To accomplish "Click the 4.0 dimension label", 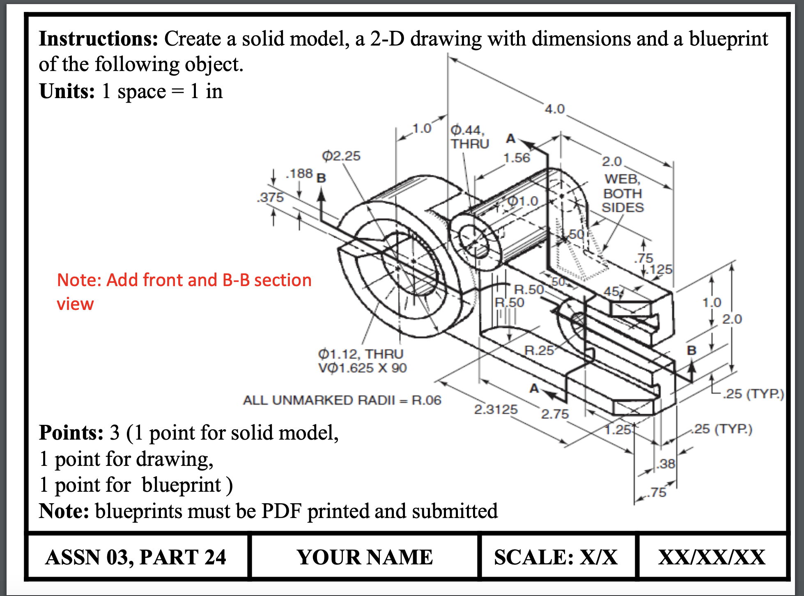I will point(555,109).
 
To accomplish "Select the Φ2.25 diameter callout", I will point(341,156).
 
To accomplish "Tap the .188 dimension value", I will point(299,174).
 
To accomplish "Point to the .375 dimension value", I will point(270,197).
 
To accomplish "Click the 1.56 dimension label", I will point(517,158).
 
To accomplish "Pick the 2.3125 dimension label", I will point(496,409).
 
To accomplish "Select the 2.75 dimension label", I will point(554,414).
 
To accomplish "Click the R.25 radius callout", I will point(539,351).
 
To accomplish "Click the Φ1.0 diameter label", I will point(523,201).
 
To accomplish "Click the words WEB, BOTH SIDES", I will point(623,193).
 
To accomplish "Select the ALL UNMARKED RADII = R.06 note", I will point(342,400).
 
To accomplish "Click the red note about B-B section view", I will point(184,291).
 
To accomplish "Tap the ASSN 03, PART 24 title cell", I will point(136,557).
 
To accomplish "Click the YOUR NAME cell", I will point(365,557).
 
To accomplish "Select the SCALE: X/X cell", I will point(556,557).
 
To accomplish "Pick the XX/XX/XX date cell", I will point(712,557).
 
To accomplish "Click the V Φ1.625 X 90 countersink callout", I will point(362,368).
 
